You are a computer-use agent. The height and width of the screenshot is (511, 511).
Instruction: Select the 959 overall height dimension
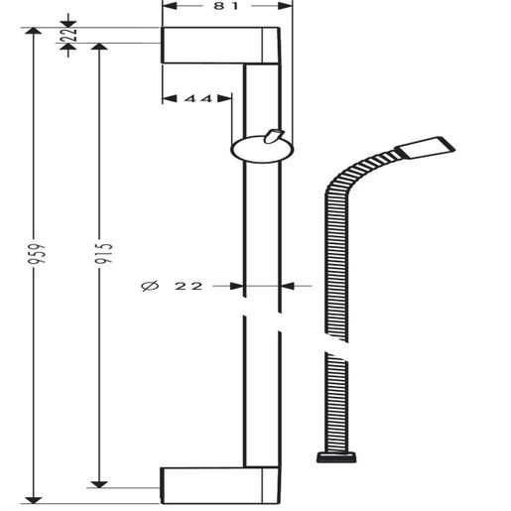[x=36, y=254]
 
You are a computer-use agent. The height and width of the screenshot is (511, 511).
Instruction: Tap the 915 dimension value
[x=103, y=254]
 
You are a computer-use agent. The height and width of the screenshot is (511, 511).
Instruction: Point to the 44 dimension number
[x=198, y=98]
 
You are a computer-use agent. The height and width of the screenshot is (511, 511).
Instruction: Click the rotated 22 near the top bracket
[x=69, y=34]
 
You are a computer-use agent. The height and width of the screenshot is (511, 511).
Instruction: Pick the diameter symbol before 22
[x=150, y=286]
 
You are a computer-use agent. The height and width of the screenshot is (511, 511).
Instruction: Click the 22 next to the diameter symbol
[x=189, y=286]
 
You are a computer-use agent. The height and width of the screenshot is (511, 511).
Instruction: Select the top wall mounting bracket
[x=220, y=46]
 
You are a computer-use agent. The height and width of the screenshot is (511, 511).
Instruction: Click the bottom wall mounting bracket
[x=220, y=485]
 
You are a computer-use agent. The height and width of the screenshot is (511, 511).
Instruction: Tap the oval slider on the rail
[x=262, y=150]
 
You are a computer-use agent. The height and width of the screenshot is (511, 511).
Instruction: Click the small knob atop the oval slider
[x=273, y=136]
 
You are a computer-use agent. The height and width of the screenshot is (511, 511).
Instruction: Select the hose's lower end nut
[x=336, y=457]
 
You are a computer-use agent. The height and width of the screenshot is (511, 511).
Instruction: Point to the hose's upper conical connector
[x=426, y=147]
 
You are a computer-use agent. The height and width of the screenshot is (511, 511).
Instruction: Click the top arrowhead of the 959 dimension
[x=33, y=31]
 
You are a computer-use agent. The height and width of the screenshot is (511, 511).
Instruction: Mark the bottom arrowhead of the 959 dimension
[x=34, y=500]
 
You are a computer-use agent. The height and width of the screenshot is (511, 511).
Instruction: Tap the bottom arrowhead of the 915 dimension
[x=99, y=484]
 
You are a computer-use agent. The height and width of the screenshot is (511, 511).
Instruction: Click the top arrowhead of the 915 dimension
[x=99, y=47]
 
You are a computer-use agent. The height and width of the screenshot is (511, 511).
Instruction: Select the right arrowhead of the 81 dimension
[x=285, y=6]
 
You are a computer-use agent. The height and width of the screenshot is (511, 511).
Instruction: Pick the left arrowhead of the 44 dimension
[x=170, y=98]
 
